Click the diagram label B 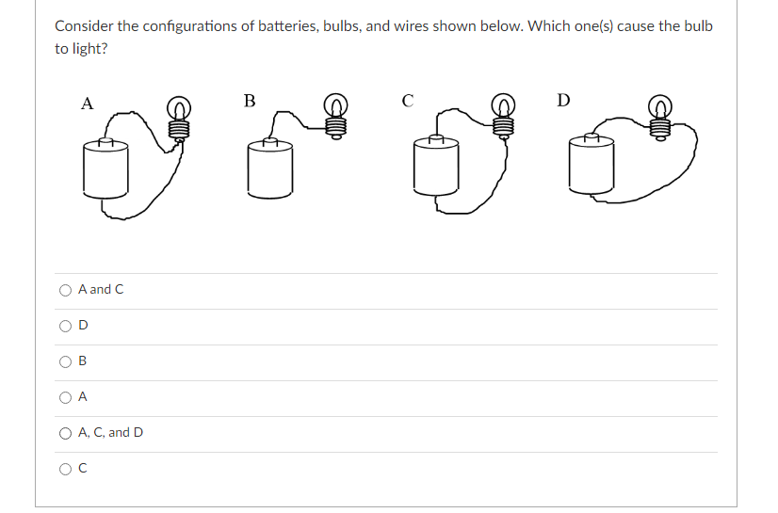[249, 101]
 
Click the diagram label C [407, 101]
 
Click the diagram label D [562, 101]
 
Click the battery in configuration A [105, 168]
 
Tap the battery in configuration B [269, 168]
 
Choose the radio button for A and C [65, 290]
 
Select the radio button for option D [65, 326]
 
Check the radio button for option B [65, 361]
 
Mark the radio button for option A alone [65, 397]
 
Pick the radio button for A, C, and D [65, 433]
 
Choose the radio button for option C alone [65, 469]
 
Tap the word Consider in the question [83, 25]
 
